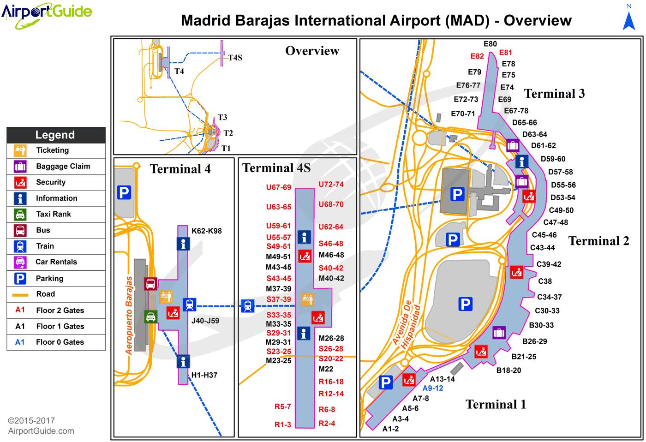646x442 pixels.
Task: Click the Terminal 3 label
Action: pyautogui.click(x=554, y=94)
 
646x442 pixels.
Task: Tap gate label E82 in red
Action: pyautogui.click(x=477, y=56)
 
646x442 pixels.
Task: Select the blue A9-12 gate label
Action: pyautogui.click(x=433, y=388)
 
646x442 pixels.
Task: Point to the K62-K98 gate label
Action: pyautogui.click(x=206, y=231)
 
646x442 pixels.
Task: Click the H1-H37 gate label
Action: pyautogui.click(x=204, y=375)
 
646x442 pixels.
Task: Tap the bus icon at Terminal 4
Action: pyautogui.click(x=151, y=284)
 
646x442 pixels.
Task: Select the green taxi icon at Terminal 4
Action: pyautogui.click(x=151, y=316)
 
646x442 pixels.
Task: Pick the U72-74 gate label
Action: pyautogui.click(x=331, y=184)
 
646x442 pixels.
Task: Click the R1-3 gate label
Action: pyautogui.click(x=282, y=424)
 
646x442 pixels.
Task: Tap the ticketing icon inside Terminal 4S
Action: pyautogui.click(x=307, y=299)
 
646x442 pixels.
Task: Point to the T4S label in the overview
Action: pyautogui.click(x=235, y=58)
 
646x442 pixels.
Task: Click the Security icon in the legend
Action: pyautogui.click(x=20, y=182)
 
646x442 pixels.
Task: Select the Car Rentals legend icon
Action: pyautogui.click(x=20, y=262)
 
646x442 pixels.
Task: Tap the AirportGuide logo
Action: pyautogui.click(x=47, y=12)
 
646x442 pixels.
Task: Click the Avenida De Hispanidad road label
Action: pyautogui.click(x=406, y=326)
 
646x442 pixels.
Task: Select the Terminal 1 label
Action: pyautogui.click(x=496, y=405)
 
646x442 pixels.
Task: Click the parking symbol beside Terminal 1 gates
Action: pyautogui.click(x=385, y=382)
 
